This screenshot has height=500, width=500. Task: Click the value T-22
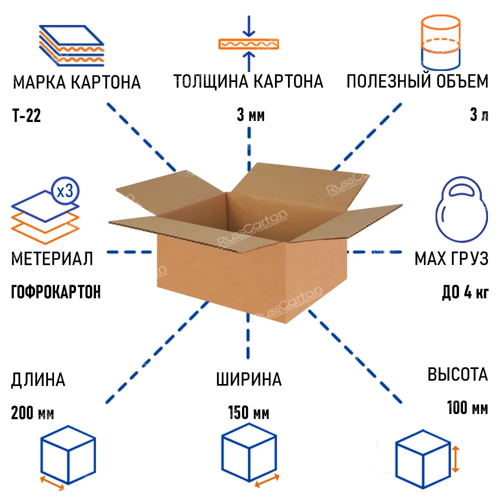click(26, 115)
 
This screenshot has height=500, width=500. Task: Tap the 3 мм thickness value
click(250, 115)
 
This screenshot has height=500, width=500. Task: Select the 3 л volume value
click(479, 115)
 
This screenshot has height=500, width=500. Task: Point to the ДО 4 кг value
click(465, 292)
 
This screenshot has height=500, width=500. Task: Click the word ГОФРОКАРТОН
click(56, 292)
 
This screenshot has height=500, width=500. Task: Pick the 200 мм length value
click(32, 412)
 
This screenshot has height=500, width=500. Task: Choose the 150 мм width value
click(248, 412)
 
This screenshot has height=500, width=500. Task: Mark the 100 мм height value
click(467, 407)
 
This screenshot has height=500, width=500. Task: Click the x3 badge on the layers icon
click(65, 191)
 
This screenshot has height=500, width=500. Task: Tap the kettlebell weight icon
click(461, 209)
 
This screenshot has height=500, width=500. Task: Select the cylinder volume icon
click(440, 42)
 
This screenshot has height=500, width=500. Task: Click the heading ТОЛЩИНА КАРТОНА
click(248, 81)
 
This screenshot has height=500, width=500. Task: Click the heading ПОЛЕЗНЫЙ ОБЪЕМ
click(417, 81)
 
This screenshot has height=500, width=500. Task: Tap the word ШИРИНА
click(248, 379)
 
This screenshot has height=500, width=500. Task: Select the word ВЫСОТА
click(457, 374)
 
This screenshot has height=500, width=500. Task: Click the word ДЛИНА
click(38, 380)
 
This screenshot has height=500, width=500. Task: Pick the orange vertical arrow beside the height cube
click(455, 459)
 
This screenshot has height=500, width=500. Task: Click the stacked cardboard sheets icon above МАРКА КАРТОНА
click(71, 45)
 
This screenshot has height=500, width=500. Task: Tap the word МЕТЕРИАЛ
click(52, 258)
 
